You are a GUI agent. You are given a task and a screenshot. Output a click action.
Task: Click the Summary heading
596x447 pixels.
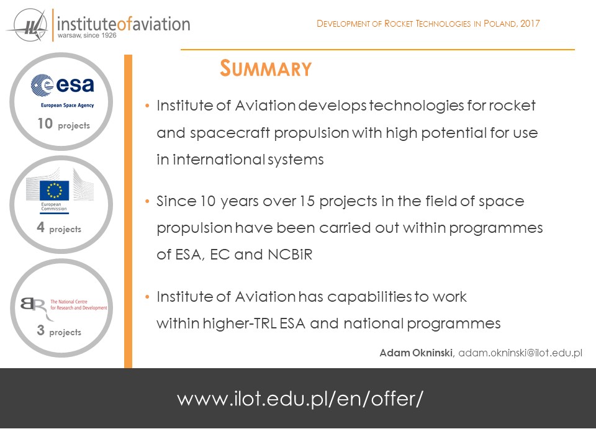pos(266,69)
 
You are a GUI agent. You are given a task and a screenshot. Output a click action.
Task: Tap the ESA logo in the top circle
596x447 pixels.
pos(62,85)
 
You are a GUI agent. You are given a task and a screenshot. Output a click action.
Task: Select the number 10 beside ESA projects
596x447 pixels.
pos(45,124)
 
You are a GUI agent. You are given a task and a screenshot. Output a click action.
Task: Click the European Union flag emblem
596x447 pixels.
pos(55,190)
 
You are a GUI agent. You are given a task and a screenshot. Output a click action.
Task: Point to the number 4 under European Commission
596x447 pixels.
pos(41,227)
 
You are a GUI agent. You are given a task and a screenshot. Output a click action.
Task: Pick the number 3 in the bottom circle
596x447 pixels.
pos(41,330)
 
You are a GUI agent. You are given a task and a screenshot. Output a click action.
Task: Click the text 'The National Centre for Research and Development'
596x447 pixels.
pos(79,304)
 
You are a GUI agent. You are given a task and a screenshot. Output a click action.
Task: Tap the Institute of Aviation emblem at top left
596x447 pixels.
pos(27,25)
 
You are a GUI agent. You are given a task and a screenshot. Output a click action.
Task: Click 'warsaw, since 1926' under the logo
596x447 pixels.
pos(87,35)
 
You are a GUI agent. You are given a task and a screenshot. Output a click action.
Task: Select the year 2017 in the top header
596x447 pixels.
pos(530,24)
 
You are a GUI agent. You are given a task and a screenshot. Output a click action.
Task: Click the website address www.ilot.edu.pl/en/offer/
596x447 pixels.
pos(300,399)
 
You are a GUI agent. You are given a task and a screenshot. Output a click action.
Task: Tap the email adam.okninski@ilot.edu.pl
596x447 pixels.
pos(520,353)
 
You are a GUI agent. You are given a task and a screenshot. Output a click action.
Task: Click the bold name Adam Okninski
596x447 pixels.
pos(416,353)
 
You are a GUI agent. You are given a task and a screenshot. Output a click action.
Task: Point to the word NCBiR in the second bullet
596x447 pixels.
pos(290,255)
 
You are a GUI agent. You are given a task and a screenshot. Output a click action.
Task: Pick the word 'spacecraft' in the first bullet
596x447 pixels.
pos(230,133)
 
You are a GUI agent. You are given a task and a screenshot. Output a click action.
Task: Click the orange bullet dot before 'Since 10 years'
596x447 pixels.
pos(148,201)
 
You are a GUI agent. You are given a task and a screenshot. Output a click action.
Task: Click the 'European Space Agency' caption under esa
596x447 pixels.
pos(67,106)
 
